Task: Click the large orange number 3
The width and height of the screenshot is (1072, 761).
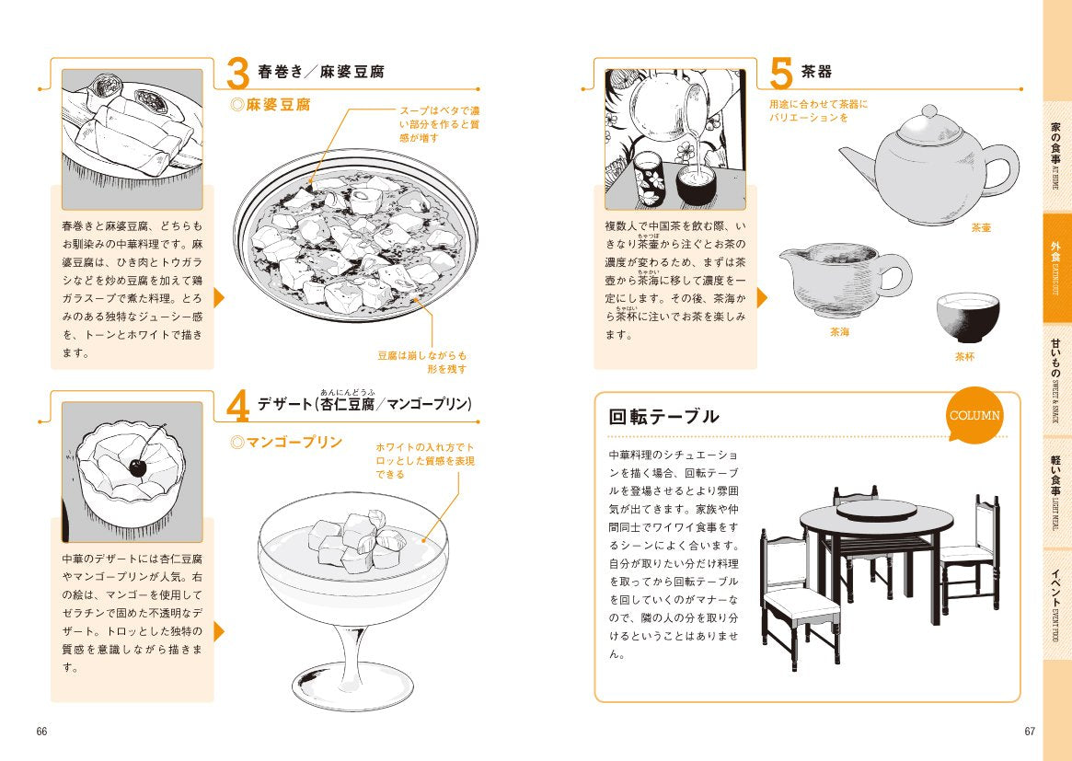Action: pos(237,74)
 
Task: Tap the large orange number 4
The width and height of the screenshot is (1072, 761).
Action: pos(238,407)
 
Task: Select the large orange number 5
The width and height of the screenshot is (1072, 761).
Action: pos(780,74)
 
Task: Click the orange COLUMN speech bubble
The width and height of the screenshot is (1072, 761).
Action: pos(974,415)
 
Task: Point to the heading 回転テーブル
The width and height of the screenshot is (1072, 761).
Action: pos(663,417)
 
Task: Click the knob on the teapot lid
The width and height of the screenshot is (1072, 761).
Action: pos(929,110)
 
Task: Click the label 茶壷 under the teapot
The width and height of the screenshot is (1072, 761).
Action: pos(981,227)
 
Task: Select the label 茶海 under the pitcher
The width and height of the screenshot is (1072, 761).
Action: pos(839,331)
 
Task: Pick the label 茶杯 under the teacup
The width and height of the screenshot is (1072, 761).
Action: pos(964,356)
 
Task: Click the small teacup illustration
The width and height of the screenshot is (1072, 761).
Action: pos(968,317)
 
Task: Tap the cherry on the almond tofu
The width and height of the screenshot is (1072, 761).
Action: pos(137,467)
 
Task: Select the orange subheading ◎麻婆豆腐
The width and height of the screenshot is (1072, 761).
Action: pos(270,105)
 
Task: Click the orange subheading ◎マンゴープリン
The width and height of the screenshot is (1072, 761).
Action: pos(286,443)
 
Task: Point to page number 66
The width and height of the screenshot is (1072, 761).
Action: pos(41,731)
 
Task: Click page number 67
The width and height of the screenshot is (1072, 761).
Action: pos(1030,731)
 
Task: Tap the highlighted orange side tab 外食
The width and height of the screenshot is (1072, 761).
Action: pos(1057,268)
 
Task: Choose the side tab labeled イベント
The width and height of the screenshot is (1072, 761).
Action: pos(1057,605)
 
